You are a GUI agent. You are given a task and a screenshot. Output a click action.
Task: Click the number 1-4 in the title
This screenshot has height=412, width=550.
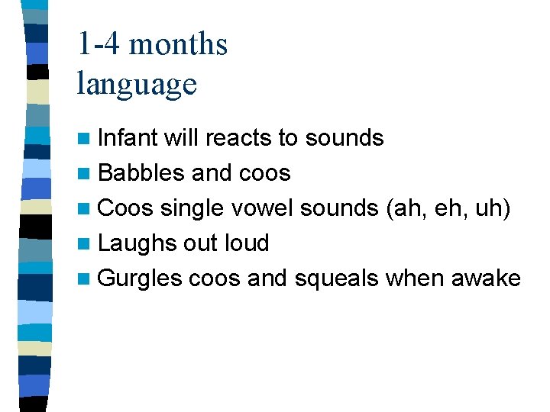point(99,44)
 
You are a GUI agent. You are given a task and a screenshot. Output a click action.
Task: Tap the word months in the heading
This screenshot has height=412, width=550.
point(178,44)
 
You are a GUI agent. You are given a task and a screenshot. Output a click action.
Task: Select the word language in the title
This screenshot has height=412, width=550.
point(137,83)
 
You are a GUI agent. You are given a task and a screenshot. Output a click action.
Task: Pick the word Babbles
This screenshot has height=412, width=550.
point(142,172)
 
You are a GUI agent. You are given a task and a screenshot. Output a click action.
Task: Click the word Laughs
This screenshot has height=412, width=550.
point(138,243)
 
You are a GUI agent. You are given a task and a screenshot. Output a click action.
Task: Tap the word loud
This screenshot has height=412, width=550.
point(247,243)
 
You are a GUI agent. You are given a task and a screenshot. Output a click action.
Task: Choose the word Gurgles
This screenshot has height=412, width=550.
point(140,278)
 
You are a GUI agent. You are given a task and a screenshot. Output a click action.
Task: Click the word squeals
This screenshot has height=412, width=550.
point(336,278)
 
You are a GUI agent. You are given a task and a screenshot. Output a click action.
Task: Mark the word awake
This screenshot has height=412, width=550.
point(486,278)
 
